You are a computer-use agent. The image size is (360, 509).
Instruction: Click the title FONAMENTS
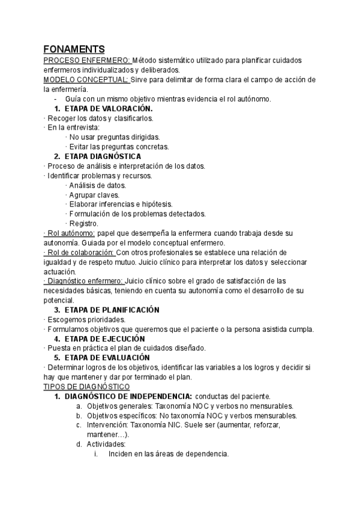[74, 49]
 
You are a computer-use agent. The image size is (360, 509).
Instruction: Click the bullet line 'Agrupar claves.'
[95, 195]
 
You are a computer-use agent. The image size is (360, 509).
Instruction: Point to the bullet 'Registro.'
[85, 223]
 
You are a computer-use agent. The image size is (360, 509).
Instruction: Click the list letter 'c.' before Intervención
[79, 425]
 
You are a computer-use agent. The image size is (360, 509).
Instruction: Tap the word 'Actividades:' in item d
[106, 444]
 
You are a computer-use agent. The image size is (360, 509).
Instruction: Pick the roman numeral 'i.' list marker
[96, 454]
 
